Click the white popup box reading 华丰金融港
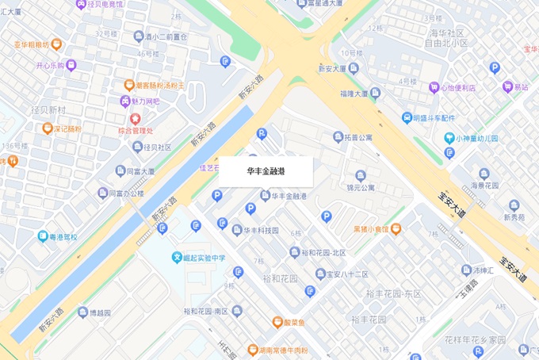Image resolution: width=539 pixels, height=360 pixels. pos(266,171)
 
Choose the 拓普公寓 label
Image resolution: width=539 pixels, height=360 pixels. pos(358,137)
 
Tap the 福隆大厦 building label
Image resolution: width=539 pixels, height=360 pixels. pos(354,93)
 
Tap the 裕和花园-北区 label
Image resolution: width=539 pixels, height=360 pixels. pos(323,253)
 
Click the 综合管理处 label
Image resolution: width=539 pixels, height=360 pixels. pos(135,130)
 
